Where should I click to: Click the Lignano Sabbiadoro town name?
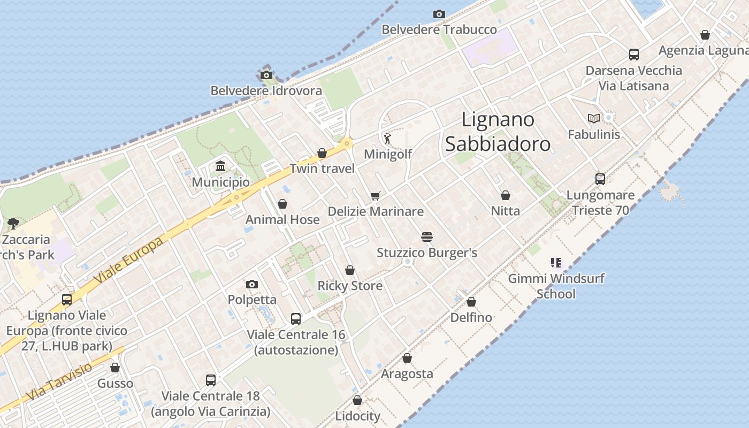click(x=498, y=132)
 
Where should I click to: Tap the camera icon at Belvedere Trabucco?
click(x=439, y=14)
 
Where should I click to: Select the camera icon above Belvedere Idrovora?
click(x=266, y=75)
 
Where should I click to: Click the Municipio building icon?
click(x=220, y=167)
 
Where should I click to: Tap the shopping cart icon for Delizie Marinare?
click(x=376, y=196)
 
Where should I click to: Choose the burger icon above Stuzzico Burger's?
click(x=426, y=237)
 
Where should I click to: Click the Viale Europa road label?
click(x=128, y=261)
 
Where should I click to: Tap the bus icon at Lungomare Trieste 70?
click(x=600, y=179)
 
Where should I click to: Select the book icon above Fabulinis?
click(x=593, y=118)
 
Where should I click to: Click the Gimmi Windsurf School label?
click(x=556, y=286)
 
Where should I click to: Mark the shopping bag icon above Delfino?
click(x=471, y=302)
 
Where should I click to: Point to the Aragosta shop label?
click(x=407, y=373)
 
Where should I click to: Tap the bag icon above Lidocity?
click(x=357, y=400)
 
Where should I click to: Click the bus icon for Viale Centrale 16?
click(x=296, y=319)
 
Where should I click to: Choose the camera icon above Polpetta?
click(x=252, y=284)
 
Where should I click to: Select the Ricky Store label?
click(x=350, y=286)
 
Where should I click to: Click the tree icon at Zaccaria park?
click(x=13, y=224)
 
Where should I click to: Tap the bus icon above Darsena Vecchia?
click(x=634, y=55)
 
